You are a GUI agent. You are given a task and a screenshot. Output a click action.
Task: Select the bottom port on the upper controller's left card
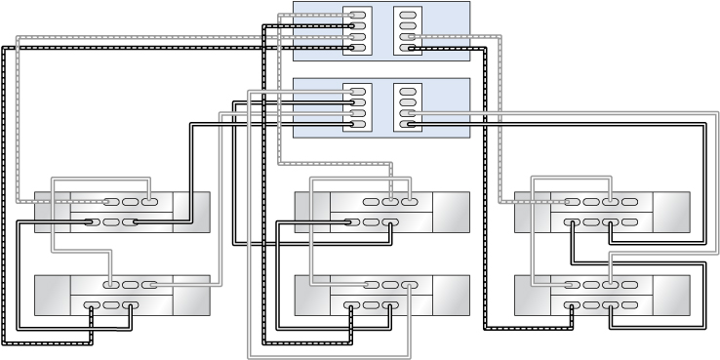pyautogui.click(x=357, y=47)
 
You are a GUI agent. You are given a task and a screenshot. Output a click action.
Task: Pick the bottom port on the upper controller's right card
pyautogui.click(x=408, y=47)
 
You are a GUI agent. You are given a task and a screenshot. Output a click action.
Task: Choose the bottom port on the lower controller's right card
pyautogui.click(x=408, y=124)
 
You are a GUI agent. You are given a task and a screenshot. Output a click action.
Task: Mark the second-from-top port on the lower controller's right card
pyautogui.click(x=408, y=102)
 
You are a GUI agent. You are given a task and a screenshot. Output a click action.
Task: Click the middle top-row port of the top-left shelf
pyautogui.click(x=130, y=202)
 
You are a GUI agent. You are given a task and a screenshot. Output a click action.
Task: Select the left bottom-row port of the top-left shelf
pyautogui.click(x=93, y=222)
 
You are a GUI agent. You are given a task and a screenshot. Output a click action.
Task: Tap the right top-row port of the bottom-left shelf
pyautogui.click(x=148, y=285)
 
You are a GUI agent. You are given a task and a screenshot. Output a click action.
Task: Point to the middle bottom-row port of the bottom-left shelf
pyautogui.click(x=111, y=305)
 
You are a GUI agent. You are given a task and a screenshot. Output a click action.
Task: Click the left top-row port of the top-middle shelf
pyautogui.click(x=371, y=202)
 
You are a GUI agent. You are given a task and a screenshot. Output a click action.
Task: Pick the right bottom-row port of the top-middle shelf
pyautogui.click(x=389, y=222)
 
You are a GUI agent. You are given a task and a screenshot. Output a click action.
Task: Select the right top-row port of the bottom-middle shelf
pyautogui.click(x=408, y=285)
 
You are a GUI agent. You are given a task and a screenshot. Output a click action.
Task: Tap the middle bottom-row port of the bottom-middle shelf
pyautogui.click(x=371, y=305)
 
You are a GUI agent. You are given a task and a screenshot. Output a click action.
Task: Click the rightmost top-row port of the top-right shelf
pyautogui.click(x=630, y=202)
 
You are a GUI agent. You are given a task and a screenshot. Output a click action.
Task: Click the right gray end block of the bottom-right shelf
pyautogui.click(x=671, y=296)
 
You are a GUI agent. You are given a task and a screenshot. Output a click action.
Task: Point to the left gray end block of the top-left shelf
pyautogui.click(x=52, y=213)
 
